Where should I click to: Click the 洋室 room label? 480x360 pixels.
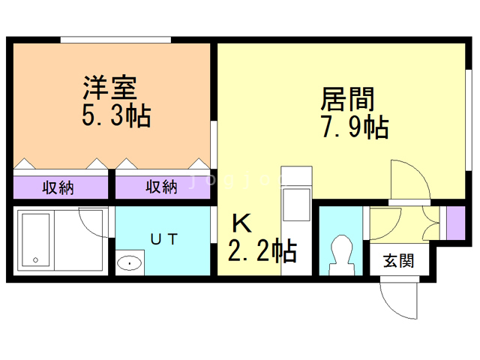tap(110, 88)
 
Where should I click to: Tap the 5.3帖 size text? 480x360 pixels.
tap(116, 115)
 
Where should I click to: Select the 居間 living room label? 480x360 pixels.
tap(348, 99)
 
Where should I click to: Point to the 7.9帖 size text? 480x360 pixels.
tap(355, 127)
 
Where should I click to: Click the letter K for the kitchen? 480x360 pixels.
tap(241, 223)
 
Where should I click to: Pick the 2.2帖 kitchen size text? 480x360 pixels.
tap(262, 250)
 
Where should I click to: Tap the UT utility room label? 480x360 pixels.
tap(164, 239)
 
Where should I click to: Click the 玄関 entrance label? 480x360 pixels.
tap(398, 261)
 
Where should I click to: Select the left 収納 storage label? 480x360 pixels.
tap(58, 187)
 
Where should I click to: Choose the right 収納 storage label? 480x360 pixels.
tap(161, 187)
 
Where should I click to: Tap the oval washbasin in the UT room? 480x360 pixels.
tap(130, 263)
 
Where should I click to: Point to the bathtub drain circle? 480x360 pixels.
tap(35, 260)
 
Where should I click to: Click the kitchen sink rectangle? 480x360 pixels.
tap(296, 205)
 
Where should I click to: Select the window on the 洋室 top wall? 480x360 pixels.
tap(115, 40)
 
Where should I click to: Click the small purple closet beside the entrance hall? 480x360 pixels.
tap(456, 223)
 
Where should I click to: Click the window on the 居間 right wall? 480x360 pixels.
tap(468, 120)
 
